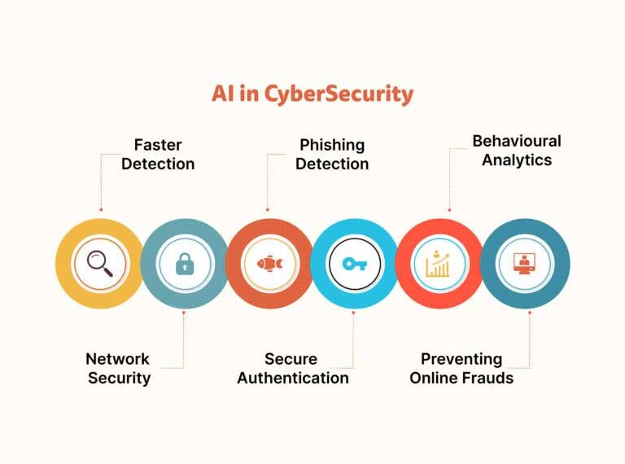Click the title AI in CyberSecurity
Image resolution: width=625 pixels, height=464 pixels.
pyautogui.click(x=312, y=94)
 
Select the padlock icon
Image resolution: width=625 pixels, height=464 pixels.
pyautogui.click(x=185, y=263)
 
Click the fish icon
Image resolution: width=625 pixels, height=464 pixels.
pyautogui.click(x=269, y=263)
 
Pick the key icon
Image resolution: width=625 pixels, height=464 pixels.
pyautogui.click(x=354, y=263)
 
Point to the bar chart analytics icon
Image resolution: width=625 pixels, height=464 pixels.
pyautogui.click(x=439, y=263)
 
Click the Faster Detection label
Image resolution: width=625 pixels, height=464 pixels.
pyautogui.click(x=158, y=154)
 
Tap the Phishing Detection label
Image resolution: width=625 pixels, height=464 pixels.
pyautogui.click(x=332, y=154)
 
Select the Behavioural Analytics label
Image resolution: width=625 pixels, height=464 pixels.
pyautogui.click(x=517, y=150)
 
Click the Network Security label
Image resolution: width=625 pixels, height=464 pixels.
pyautogui.click(x=118, y=368)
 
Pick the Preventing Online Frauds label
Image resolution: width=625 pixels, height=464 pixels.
pyautogui.click(x=461, y=368)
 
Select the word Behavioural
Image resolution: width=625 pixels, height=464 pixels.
pyautogui.click(x=517, y=141)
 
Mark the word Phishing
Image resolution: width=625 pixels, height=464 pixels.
pyautogui.click(x=332, y=145)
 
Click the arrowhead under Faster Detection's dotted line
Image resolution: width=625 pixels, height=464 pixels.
pyautogui.click(x=100, y=208)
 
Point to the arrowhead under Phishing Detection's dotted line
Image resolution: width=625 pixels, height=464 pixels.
pyautogui.click(x=268, y=208)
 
